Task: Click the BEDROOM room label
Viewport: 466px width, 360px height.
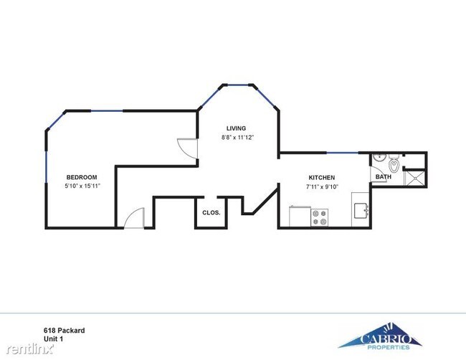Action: (82, 177)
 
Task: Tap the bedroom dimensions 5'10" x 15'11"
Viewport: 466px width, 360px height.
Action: (82, 186)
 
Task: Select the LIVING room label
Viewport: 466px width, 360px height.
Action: (237, 128)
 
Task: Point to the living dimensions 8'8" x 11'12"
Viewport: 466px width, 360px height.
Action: (237, 137)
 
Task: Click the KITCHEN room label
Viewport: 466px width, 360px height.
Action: (321, 178)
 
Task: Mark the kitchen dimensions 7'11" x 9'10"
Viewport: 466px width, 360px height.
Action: (321, 186)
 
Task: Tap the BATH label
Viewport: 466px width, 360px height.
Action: (384, 176)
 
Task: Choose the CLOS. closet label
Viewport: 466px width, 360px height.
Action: (211, 213)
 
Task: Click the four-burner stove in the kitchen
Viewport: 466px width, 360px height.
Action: (320, 217)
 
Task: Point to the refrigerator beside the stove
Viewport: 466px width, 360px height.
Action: (299, 217)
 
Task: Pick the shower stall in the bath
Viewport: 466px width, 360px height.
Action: (414, 176)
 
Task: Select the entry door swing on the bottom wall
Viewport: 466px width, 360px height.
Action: (135, 217)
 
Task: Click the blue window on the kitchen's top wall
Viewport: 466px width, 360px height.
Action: (348, 153)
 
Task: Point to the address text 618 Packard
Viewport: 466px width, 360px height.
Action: (65, 330)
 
